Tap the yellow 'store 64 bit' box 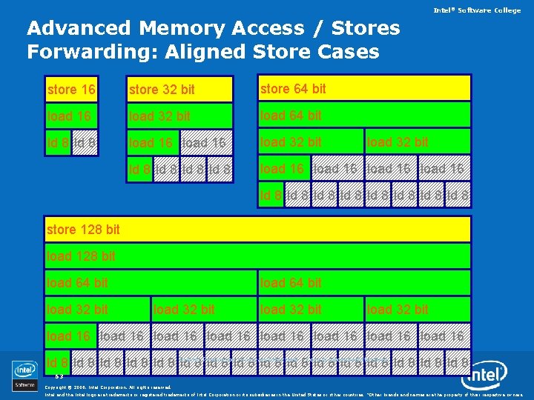point(364,88)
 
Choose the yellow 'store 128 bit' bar point(258,230)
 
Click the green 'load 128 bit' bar point(258,256)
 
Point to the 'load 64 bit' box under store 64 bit point(364,115)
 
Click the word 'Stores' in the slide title point(364,29)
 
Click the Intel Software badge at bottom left point(24,376)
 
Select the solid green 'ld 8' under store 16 point(58,142)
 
